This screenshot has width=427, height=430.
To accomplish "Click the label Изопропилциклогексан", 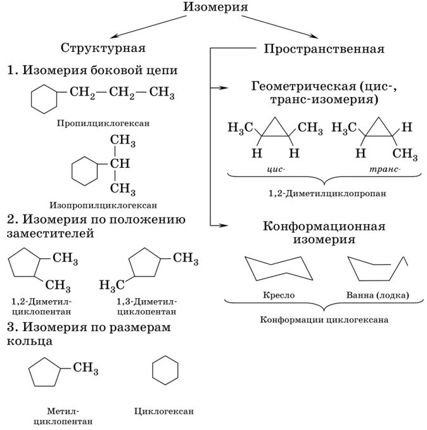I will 103,205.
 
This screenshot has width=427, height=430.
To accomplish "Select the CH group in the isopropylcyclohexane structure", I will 120,164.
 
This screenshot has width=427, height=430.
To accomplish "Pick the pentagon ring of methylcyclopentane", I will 45,376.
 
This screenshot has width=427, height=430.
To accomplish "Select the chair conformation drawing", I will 279,269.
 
